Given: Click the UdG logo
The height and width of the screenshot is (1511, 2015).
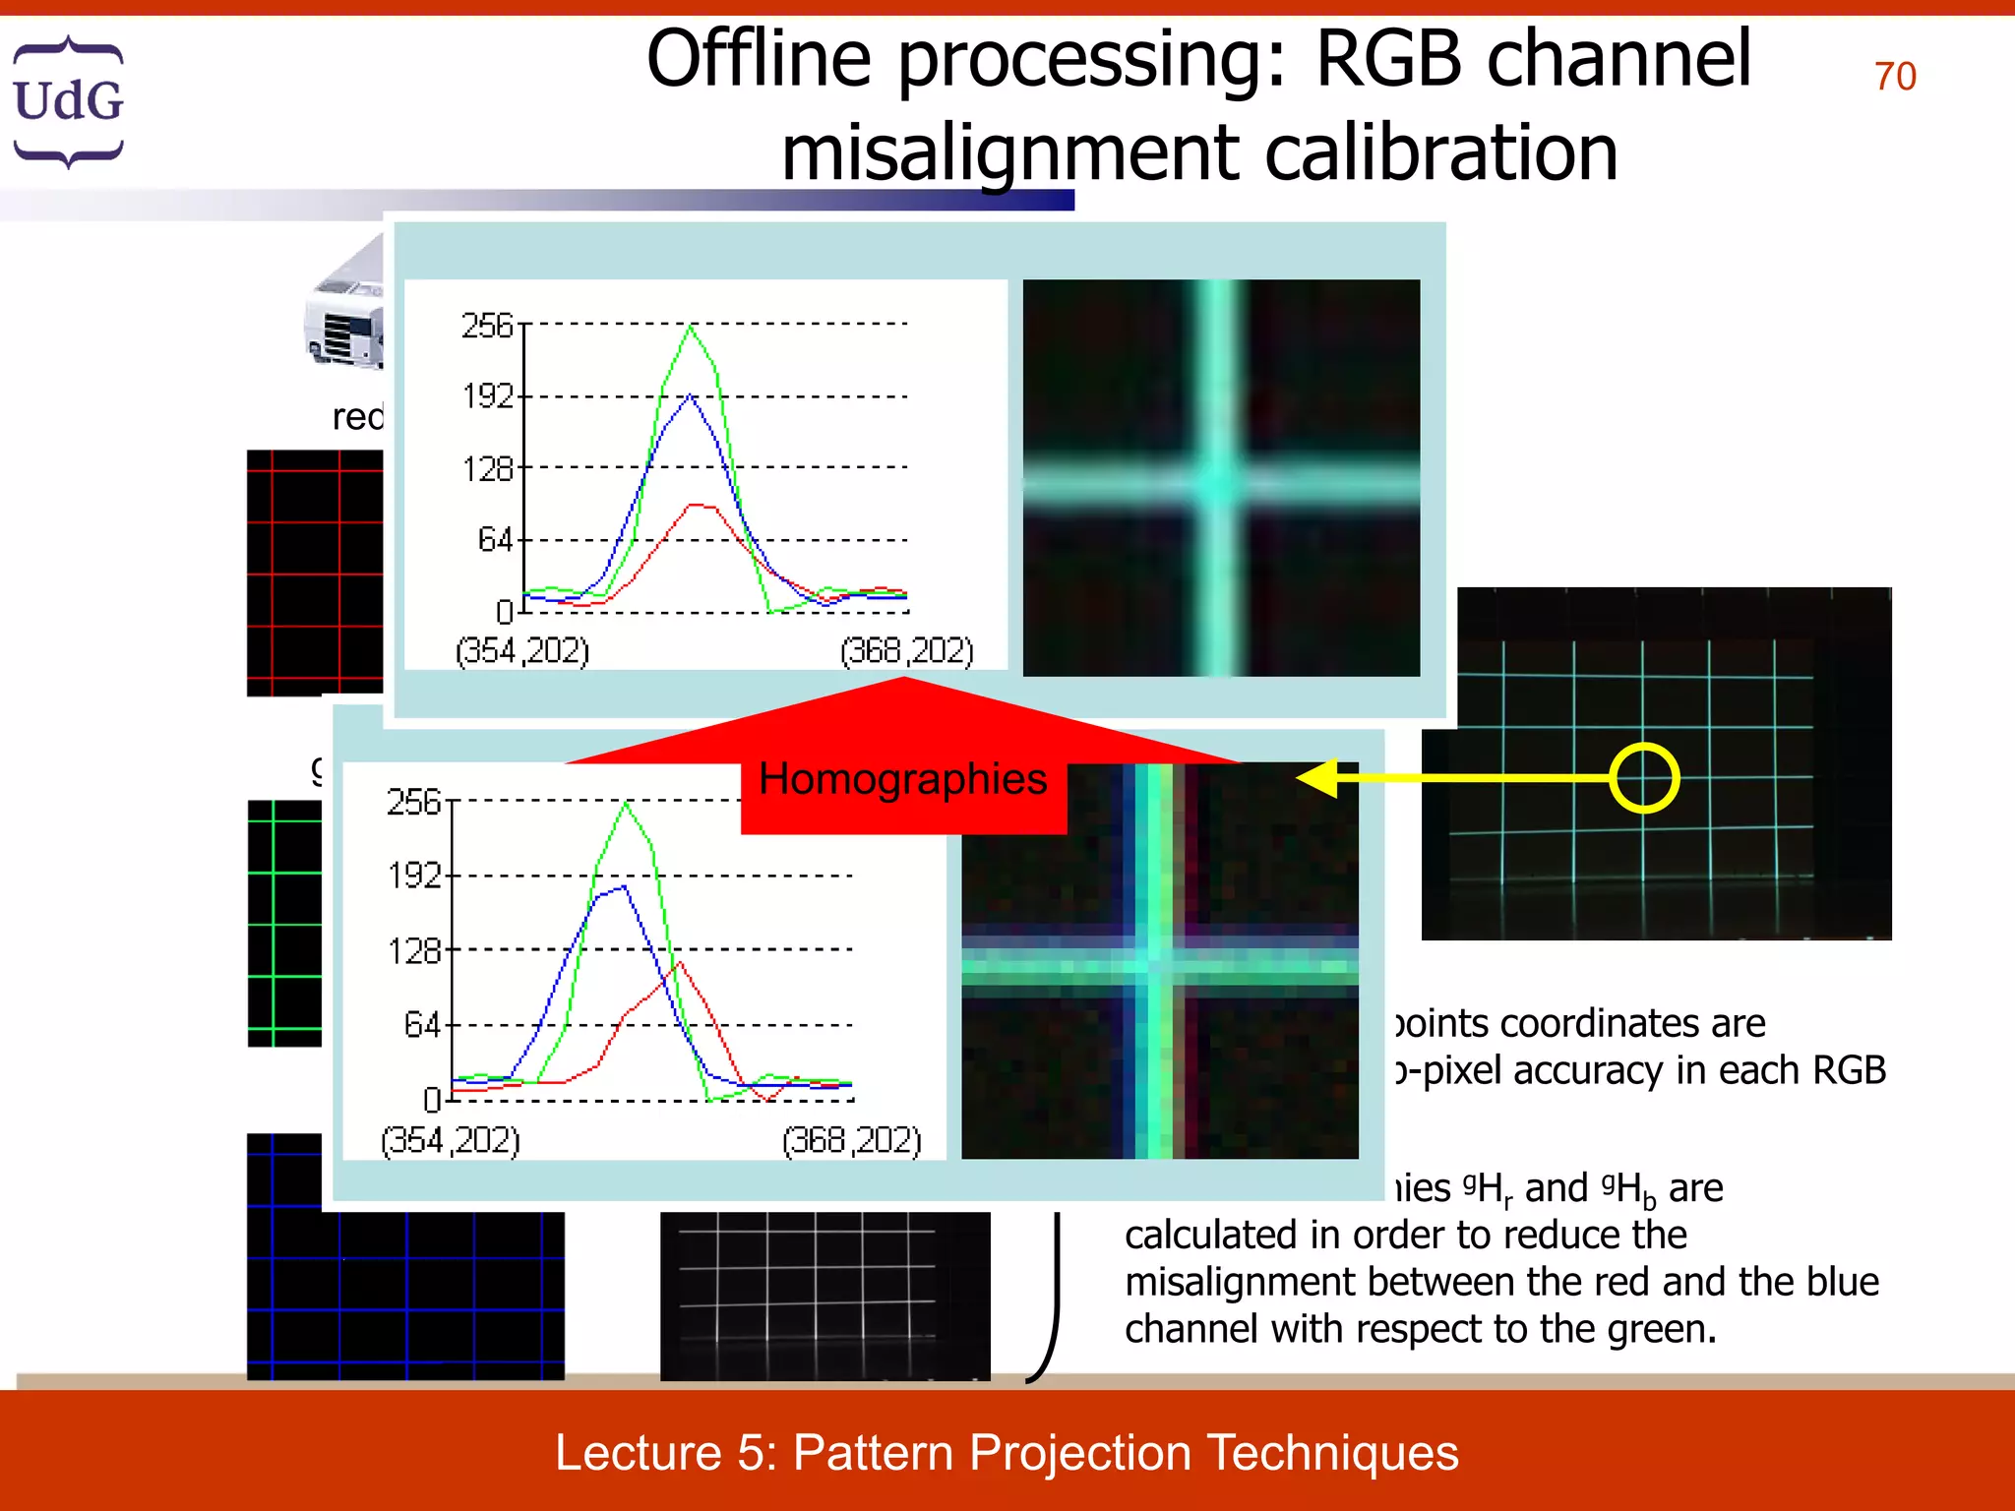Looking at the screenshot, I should [x=68, y=101].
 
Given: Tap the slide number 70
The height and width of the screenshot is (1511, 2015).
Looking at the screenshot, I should [x=1894, y=77].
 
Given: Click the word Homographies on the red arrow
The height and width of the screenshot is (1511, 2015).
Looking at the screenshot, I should [x=902, y=779].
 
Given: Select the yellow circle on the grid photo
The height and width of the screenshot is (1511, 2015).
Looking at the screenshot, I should [x=1644, y=778].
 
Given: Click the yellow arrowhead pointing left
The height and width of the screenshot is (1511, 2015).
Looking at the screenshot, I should [x=1318, y=778].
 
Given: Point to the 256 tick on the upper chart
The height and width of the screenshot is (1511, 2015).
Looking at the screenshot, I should [x=489, y=326].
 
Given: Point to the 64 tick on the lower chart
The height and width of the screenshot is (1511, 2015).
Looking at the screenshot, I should [x=422, y=1026].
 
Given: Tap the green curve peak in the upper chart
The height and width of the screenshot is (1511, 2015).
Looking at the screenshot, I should [x=691, y=328].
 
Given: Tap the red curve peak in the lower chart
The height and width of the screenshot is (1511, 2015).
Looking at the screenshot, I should [x=679, y=965].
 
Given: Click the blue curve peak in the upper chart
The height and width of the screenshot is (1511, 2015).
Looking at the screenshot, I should [x=691, y=395].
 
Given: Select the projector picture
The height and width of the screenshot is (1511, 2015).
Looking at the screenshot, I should [x=344, y=315].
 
